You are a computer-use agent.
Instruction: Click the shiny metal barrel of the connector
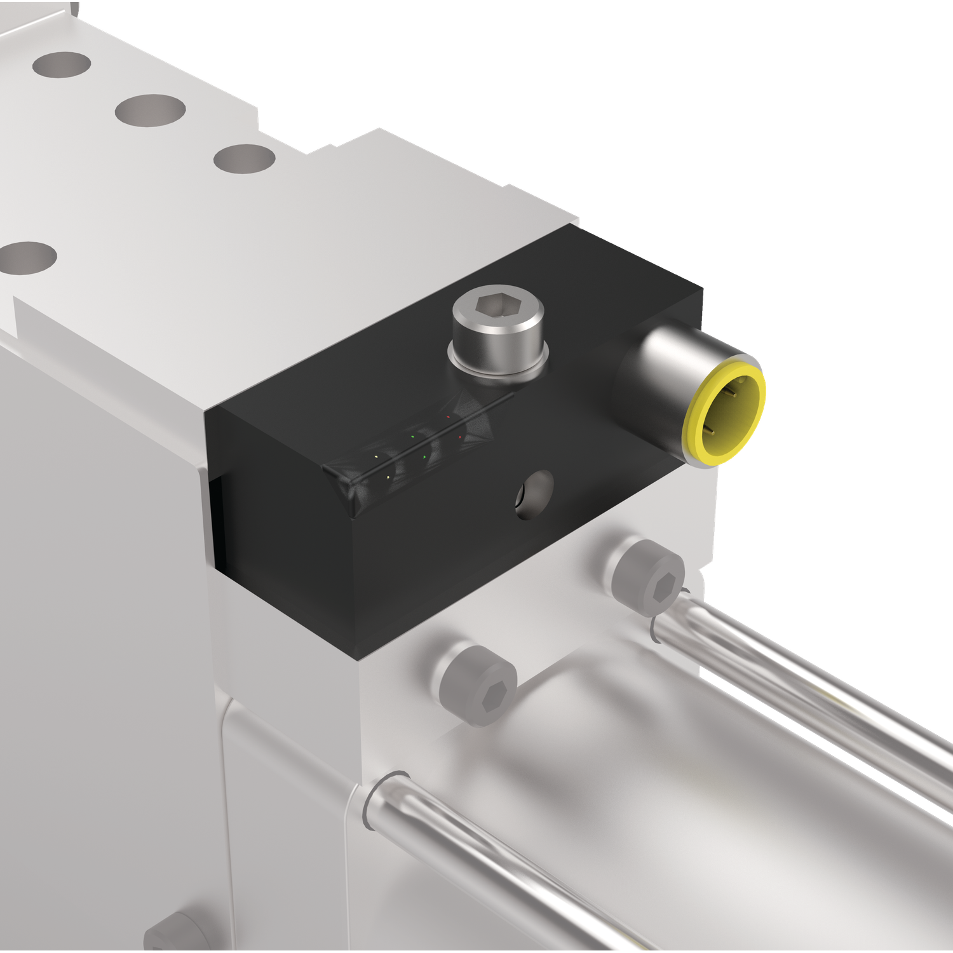(x=667, y=356)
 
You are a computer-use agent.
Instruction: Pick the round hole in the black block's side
(x=534, y=494)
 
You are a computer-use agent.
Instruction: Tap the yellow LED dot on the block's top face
(x=377, y=457)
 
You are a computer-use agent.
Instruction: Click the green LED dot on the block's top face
(x=413, y=437)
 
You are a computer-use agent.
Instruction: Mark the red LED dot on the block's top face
(x=449, y=417)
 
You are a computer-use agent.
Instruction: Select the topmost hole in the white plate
(x=61, y=64)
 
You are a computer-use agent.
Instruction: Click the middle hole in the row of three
(x=150, y=110)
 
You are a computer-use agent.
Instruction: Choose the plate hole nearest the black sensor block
(x=244, y=158)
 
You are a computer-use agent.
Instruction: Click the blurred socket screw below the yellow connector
(x=649, y=575)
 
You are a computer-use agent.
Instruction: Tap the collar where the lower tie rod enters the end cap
(x=381, y=801)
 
